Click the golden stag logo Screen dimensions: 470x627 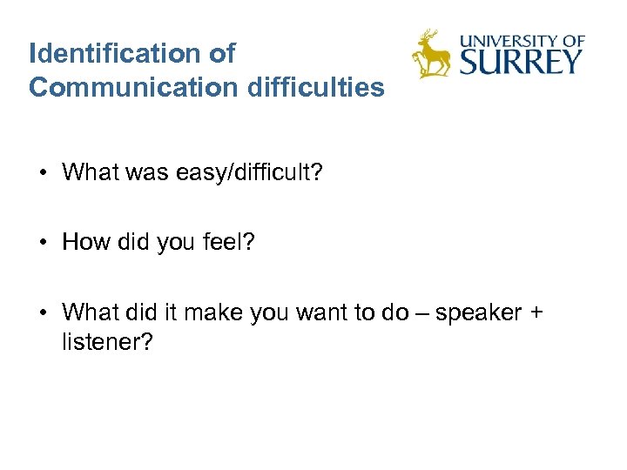[x=431, y=54]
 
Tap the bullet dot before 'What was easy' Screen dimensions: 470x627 [x=42, y=172]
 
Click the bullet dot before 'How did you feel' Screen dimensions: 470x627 [x=42, y=242]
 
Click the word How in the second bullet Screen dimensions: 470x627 [x=84, y=242]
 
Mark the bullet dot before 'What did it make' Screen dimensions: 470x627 [x=42, y=312]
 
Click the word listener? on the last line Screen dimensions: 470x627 [x=108, y=342]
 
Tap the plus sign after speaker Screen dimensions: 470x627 [x=534, y=312]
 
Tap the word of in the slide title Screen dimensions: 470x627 [x=222, y=54]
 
